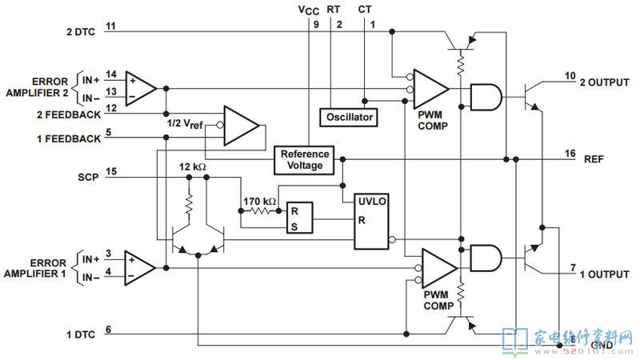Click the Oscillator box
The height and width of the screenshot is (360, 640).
pos(349,118)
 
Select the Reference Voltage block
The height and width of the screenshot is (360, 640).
pos(304,160)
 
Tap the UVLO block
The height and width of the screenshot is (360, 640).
pos(371,222)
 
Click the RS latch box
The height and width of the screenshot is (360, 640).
pos(299,218)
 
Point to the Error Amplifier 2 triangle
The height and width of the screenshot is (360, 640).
pos(140,89)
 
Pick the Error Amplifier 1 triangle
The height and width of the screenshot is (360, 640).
pos(139,268)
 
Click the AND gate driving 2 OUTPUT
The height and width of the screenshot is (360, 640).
pos(486,98)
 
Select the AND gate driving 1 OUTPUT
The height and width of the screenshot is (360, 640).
pos(486,258)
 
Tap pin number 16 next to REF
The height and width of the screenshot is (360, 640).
pos(570,154)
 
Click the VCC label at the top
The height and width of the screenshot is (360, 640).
pos(309,10)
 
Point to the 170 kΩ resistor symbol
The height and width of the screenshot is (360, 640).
pos(259,211)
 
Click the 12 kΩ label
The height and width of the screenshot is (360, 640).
pos(192,167)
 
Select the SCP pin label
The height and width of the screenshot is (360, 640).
pos(88,177)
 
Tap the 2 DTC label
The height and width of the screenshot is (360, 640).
pos(81,32)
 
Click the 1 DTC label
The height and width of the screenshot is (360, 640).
pos(81,334)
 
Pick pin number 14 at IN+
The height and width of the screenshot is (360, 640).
pos(111,74)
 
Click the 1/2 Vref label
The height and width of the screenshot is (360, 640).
pos(185,124)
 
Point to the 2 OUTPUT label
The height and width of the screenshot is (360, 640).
pos(605,82)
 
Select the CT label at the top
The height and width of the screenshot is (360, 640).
pos(365,9)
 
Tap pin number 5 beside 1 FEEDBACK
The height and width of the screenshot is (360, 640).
pos(109,132)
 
